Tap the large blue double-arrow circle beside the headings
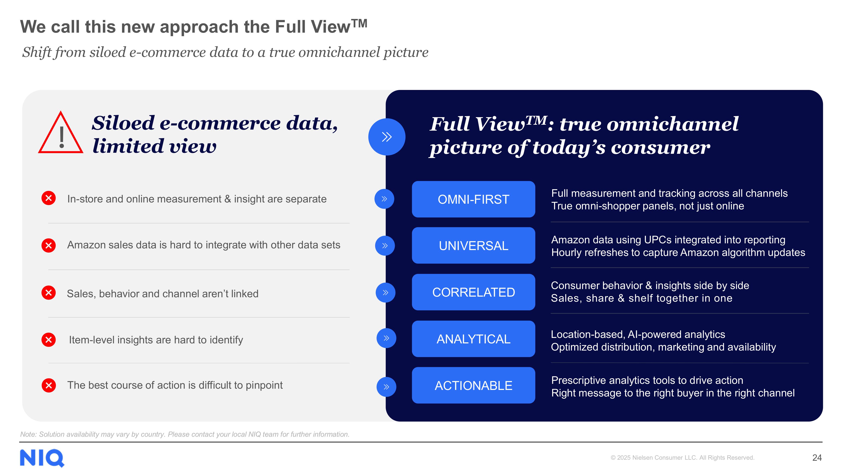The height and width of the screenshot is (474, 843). coord(387,137)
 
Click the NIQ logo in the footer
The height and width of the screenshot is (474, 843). coord(42,458)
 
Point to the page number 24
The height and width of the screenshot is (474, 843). coord(817,458)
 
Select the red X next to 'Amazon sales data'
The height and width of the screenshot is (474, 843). coord(49,245)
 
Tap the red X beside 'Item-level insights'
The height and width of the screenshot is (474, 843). coord(49,340)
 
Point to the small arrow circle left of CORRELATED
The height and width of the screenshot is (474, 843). coord(385,292)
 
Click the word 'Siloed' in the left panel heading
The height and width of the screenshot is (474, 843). coord(123,123)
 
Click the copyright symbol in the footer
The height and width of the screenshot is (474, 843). coord(613,458)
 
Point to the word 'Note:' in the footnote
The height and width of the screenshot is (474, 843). coord(28,434)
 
